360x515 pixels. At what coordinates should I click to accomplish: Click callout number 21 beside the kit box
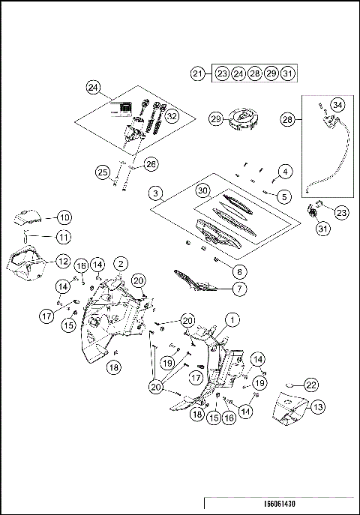pyautogui.click(x=197, y=73)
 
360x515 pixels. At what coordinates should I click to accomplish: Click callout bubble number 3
pyautogui.click(x=156, y=193)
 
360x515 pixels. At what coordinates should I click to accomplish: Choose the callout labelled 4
pyautogui.click(x=285, y=172)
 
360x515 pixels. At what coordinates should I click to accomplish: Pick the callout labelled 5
pyautogui.click(x=284, y=197)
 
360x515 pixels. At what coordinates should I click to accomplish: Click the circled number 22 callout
pyautogui.click(x=311, y=384)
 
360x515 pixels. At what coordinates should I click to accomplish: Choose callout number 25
pyautogui.click(x=103, y=173)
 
